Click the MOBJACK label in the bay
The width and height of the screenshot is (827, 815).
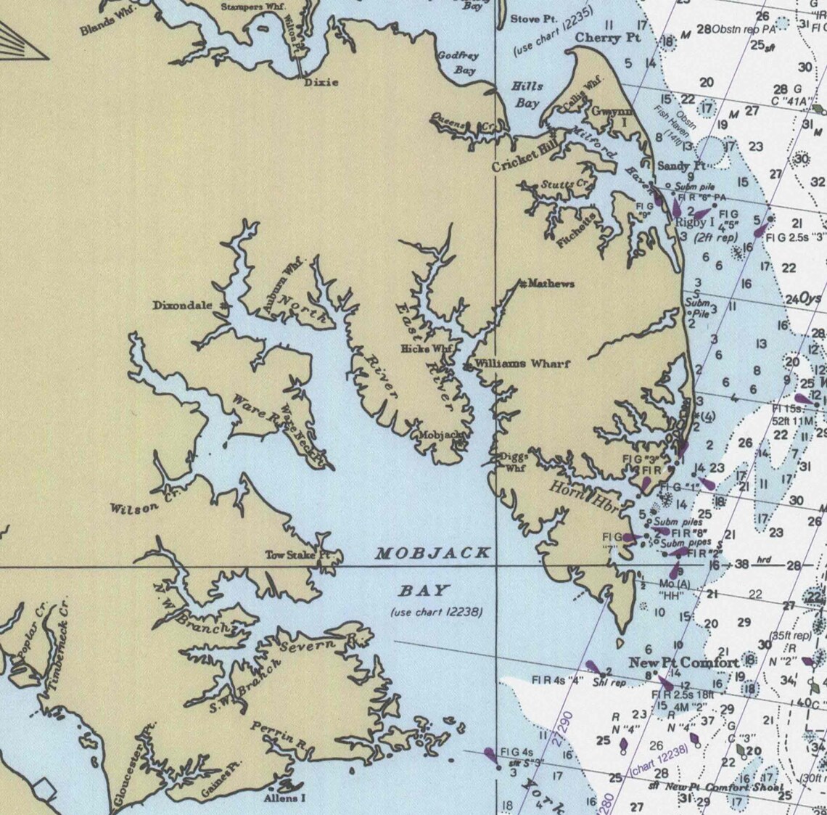click(x=432, y=554)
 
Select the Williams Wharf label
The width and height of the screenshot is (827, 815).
click(x=522, y=364)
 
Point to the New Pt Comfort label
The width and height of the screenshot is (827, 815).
click(x=683, y=662)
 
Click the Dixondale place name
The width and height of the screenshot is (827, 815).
click(x=182, y=306)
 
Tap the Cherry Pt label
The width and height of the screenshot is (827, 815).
click(x=608, y=38)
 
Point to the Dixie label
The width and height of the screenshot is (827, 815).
click(x=321, y=82)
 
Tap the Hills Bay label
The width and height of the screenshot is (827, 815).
click(x=527, y=94)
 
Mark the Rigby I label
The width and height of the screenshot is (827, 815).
click(x=695, y=223)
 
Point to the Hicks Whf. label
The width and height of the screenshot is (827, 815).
click(x=427, y=349)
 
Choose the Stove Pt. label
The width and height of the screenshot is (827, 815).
click(x=534, y=19)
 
